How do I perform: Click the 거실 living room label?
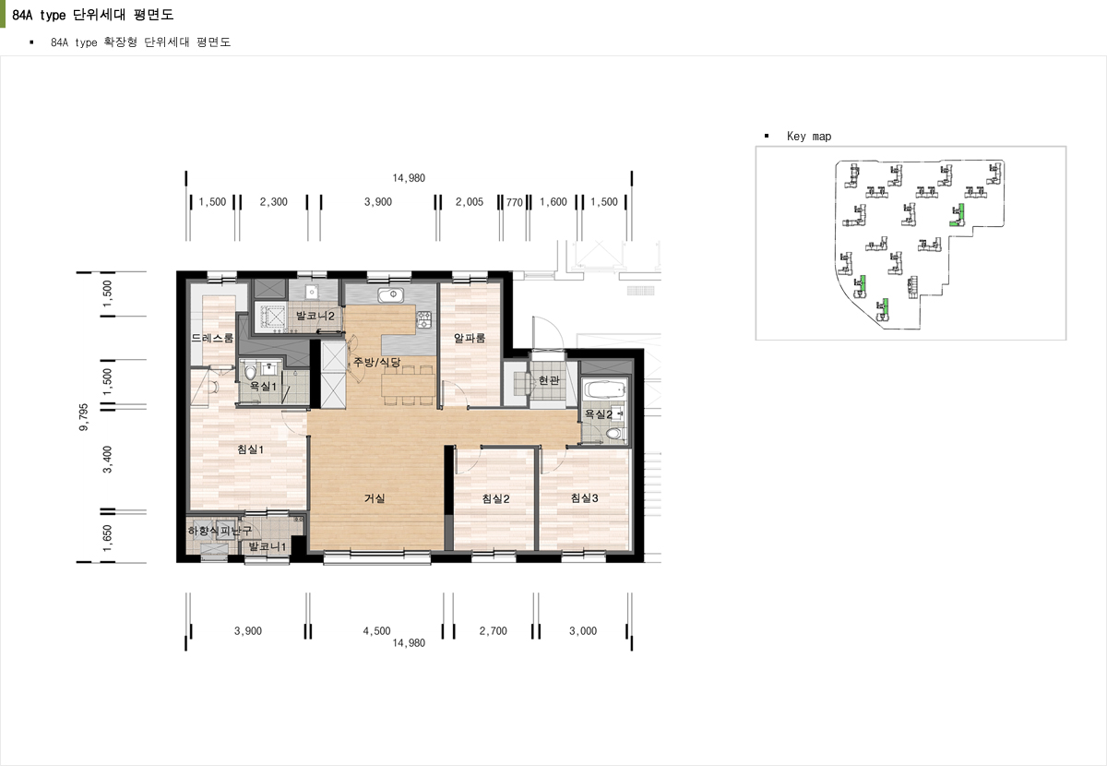click(375, 498)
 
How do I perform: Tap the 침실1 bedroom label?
click(251, 449)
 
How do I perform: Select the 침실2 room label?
click(495, 498)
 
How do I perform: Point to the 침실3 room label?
click(584, 498)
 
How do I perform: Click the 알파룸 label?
click(470, 338)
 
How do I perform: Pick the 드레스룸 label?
click(212, 338)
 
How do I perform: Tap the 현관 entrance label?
click(549, 380)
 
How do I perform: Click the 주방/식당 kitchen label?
click(376, 362)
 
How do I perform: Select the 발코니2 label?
click(315, 316)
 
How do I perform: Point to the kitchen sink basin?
click(391, 295)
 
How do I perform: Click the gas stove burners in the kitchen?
click(424, 319)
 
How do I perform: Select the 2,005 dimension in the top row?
click(469, 202)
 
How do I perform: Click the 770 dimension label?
click(514, 202)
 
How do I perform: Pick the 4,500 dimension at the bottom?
click(376, 631)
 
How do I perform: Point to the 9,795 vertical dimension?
click(84, 417)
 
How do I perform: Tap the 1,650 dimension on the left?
click(107, 539)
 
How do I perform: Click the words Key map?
click(809, 136)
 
